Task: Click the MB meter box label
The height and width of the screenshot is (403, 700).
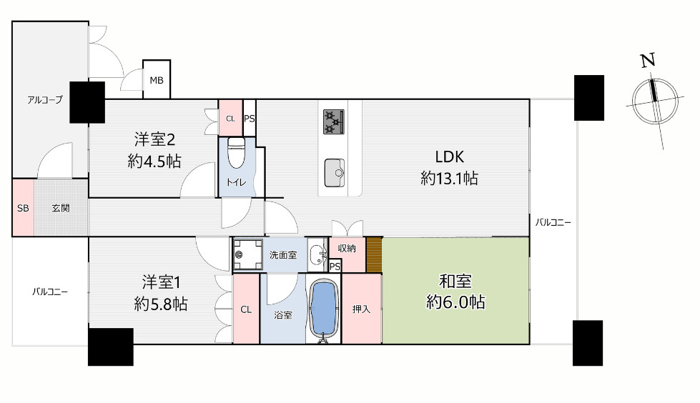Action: tap(157, 80)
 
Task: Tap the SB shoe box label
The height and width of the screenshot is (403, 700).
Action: tap(23, 208)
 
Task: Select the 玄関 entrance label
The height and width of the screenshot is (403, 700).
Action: tap(61, 208)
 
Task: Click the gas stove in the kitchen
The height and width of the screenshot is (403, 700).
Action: tap(334, 122)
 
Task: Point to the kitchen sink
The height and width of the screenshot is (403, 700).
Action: tap(335, 173)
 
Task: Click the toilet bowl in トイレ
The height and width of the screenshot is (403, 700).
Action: tap(236, 152)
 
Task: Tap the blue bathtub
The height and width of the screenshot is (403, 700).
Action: tap(322, 309)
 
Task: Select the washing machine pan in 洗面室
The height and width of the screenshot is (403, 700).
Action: tap(248, 255)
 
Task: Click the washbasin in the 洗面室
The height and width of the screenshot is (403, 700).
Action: tap(317, 255)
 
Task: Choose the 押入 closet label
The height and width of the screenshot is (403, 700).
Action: tap(361, 309)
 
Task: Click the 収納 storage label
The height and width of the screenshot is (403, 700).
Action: tap(347, 249)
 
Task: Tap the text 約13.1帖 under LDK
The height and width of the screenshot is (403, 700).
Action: tap(449, 178)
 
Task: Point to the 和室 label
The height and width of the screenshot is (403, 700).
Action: tap(455, 281)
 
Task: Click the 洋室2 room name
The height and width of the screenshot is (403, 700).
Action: tap(154, 139)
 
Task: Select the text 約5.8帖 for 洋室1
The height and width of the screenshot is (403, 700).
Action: tap(161, 304)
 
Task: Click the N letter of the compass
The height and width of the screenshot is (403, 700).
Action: tap(649, 60)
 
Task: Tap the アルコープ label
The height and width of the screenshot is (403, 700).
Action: tap(44, 100)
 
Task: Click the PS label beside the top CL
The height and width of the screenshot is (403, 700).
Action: tap(250, 119)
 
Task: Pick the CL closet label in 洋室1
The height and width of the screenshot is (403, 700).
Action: tap(246, 309)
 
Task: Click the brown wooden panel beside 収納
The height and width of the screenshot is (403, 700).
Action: tap(374, 255)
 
